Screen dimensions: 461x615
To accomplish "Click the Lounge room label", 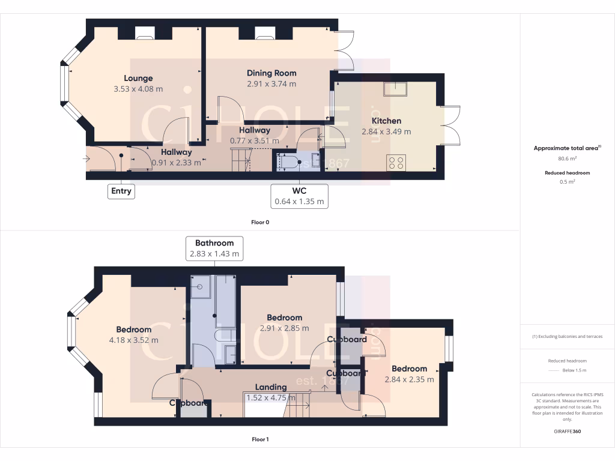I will point(138,78).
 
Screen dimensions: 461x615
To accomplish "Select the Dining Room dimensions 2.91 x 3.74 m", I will point(271,84).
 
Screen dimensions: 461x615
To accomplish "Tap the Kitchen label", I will point(386,121).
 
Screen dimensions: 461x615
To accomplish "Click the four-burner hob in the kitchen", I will point(396,162).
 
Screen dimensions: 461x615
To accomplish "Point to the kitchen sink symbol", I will point(395,89).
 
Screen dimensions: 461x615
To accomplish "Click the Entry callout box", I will point(121,191).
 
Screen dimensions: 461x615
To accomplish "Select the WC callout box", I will point(299,196).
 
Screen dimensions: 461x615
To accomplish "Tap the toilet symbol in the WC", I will point(292,161).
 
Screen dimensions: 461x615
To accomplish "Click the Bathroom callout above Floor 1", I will point(214,248).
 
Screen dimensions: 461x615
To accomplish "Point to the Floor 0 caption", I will point(260,222).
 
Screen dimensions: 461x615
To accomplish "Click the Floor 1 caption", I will point(260,439).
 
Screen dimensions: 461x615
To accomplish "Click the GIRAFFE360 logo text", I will point(567,431).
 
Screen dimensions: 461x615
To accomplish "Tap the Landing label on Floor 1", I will point(271,387).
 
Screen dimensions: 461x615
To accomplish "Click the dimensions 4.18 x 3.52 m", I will point(134,340).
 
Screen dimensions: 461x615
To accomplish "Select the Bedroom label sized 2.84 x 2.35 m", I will point(409,369).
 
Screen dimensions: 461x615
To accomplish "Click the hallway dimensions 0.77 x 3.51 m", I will point(255,140).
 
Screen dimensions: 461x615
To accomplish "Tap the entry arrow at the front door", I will point(88,159).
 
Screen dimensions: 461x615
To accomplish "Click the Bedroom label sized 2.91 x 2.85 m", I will point(285,318).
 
